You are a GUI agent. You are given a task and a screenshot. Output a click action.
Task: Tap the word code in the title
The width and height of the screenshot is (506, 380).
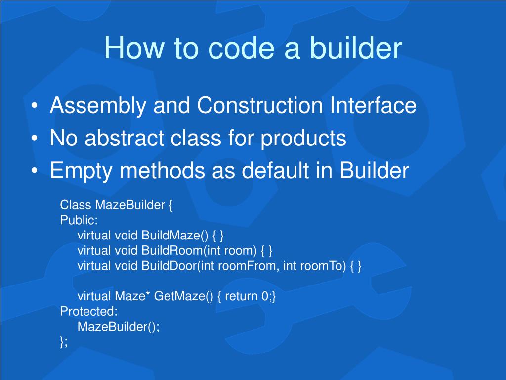pos(242,48)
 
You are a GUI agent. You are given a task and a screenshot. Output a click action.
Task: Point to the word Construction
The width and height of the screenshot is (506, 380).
pos(260,106)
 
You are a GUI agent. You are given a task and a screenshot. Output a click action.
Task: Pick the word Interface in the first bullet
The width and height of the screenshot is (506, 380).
pos(373,106)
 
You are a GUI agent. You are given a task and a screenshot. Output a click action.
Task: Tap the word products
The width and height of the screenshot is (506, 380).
pos(304,139)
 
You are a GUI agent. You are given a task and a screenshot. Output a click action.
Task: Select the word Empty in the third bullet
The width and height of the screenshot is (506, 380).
pos(82,171)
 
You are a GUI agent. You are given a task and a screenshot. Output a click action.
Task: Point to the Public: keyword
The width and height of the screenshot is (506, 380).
pos(79,220)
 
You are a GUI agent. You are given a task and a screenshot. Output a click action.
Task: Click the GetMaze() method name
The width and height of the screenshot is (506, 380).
pos(183,296)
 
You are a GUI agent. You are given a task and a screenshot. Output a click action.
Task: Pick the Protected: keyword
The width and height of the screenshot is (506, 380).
pos(89,312)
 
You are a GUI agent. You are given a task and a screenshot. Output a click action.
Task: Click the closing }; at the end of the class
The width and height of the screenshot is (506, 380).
pos(64,342)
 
